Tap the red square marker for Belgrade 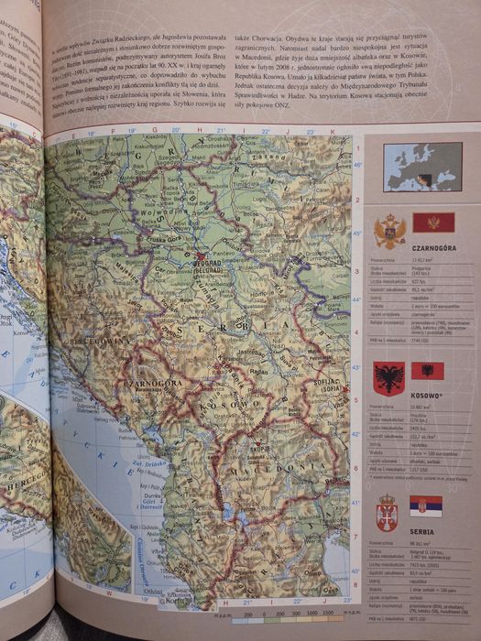tap(200, 255)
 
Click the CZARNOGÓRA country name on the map tap(154, 385)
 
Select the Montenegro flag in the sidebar tap(432, 222)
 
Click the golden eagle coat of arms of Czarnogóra tap(389, 232)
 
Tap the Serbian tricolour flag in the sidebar tap(425, 506)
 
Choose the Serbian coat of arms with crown tap(387, 512)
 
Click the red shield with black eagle tap(388, 378)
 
